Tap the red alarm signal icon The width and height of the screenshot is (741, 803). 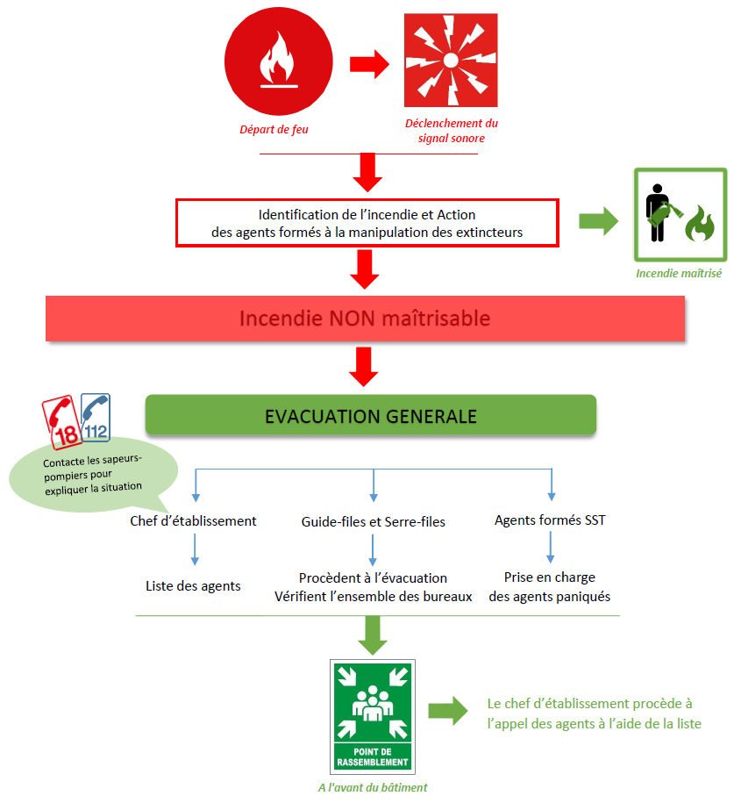click(x=451, y=61)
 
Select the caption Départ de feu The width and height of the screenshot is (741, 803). click(x=274, y=130)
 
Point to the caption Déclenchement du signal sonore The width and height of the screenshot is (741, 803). click(x=451, y=131)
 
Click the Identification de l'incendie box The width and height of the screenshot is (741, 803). click(x=367, y=223)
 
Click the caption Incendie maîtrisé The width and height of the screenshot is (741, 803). click(x=680, y=274)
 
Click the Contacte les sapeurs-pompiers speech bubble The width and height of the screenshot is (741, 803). click(x=92, y=475)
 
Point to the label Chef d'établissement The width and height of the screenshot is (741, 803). click(x=192, y=521)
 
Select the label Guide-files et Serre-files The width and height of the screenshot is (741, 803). click(x=373, y=522)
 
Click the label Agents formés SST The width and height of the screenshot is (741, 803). click(x=550, y=520)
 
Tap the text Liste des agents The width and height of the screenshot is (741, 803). click(x=193, y=585)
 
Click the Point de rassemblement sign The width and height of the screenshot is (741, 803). click(x=374, y=716)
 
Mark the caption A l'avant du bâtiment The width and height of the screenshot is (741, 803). click(x=373, y=787)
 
